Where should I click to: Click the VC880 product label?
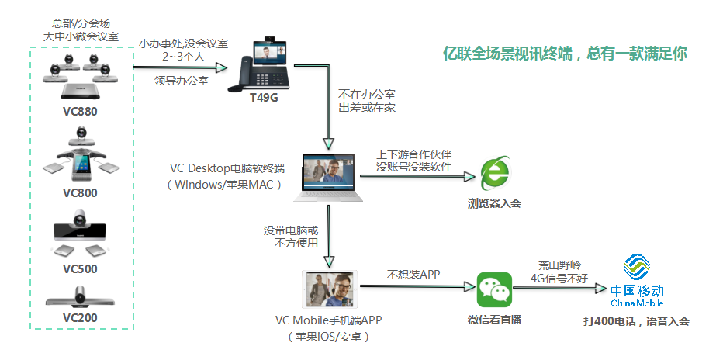[x=80, y=110]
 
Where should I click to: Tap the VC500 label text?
[x=80, y=269]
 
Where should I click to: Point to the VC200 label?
[x=80, y=318]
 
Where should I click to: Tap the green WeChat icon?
[x=494, y=291]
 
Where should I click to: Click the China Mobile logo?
[x=636, y=283]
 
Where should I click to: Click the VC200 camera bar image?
[x=80, y=298]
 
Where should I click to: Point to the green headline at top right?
[x=564, y=54]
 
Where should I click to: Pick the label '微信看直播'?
[x=494, y=319]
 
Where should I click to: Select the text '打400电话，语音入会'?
[x=636, y=321]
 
